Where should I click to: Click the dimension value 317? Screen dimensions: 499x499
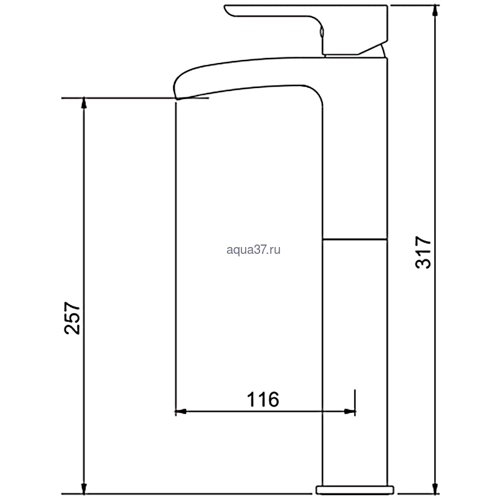pyautogui.click(x=424, y=252)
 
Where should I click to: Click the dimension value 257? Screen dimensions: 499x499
pyautogui.click(x=72, y=318)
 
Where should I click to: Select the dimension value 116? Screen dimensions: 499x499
pyautogui.click(x=263, y=399)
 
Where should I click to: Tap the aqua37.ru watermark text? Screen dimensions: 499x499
pyautogui.click(x=253, y=249)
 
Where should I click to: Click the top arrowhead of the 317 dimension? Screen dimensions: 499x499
pyautogui.click(x=435, y=11)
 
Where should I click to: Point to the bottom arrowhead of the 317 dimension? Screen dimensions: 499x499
pyautogui.click(x=435, y=488)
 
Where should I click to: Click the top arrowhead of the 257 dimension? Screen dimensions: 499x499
pyautogui.click(x=84, y=104)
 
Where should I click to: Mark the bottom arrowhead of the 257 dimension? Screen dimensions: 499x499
pyautogui.click(x=84, y=488)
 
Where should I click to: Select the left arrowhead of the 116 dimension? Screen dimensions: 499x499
pyautogui.click(x=181, y=412)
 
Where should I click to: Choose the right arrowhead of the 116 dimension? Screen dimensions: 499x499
pyautogui.click(x=349, y=412)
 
